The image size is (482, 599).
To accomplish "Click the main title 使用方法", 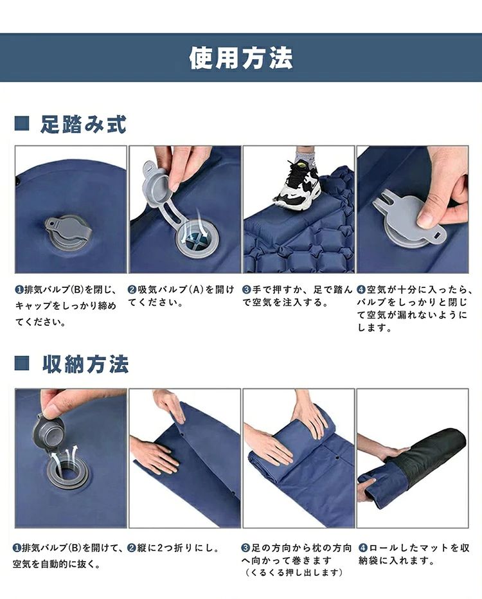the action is click(241, 58).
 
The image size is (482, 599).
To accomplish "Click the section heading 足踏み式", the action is click(84, 125).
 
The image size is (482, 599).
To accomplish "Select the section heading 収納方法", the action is click(85, 364).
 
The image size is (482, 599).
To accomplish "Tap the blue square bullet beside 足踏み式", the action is click(22, 124).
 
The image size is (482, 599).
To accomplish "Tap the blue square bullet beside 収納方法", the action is click(22, 363).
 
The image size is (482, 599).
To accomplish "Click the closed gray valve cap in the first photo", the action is click(69, 229).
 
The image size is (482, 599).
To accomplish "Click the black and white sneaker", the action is click(297, 183).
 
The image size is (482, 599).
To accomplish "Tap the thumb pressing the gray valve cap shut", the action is click(431, 217).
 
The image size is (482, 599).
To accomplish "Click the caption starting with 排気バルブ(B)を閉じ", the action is click(66, 306).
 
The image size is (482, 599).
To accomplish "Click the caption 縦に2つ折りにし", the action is click(173, 548).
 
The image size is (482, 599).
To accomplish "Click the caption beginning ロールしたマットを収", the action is click(414, 554).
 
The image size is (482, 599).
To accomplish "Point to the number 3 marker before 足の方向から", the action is click(246, 548).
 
